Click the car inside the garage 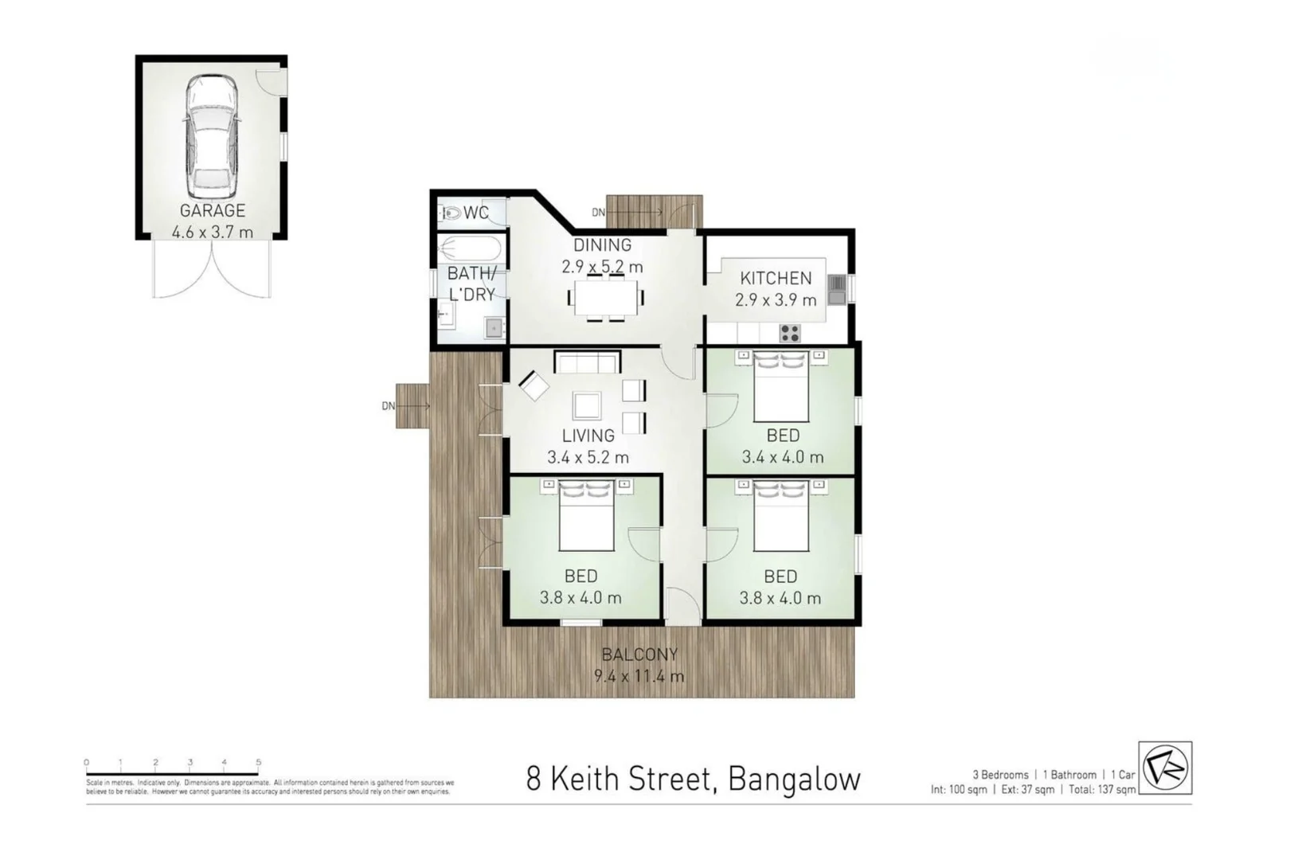pos(212,137)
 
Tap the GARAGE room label pos(212,211)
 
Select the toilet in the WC pos(451,213)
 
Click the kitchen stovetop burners pos(789,333)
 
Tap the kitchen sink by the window pos(836,290)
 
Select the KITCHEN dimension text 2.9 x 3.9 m pos(776,300)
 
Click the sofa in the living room pos(588,363)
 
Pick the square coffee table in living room pos(587,406)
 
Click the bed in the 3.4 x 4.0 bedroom pos(781,386)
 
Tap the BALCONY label pos(639,655)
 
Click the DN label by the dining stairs pos(598,213)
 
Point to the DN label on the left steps pos(388,406)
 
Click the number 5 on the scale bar pos(258,762)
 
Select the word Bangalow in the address pos(794,779)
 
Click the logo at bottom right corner pos(1165,768)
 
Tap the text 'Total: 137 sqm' pos(1102,790)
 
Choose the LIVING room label pos(588,436)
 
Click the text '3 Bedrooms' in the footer pos(1000,775)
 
